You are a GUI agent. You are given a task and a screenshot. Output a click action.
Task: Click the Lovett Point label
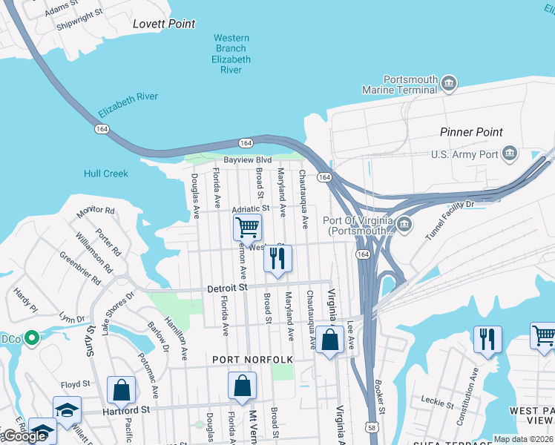(x=164, y=24)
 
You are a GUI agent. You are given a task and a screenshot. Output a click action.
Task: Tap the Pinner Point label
(x=471, y=132)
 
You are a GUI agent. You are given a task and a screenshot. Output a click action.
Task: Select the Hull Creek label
(x=105, y=174)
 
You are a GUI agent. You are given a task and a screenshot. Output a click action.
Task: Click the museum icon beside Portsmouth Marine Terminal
(x=448, y=85)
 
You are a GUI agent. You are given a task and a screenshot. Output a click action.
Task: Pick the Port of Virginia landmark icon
(x=404, y=224)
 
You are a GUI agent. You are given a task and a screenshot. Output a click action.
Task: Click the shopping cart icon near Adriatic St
(x=247, y=225)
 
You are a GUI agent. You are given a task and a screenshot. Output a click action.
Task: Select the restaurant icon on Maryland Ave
(x=277, y=257)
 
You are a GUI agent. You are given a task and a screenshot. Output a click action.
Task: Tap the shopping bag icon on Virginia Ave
(x=330, y=340)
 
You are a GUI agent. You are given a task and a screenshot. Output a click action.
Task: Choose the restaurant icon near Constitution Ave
(x=487, y=339)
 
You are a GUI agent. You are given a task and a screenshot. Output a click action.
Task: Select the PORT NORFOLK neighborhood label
(x=252, y=360)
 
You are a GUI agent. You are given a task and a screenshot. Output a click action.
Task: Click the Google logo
(x=24, y=436)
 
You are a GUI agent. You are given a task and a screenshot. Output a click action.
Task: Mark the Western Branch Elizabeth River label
(x=231, y=54)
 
